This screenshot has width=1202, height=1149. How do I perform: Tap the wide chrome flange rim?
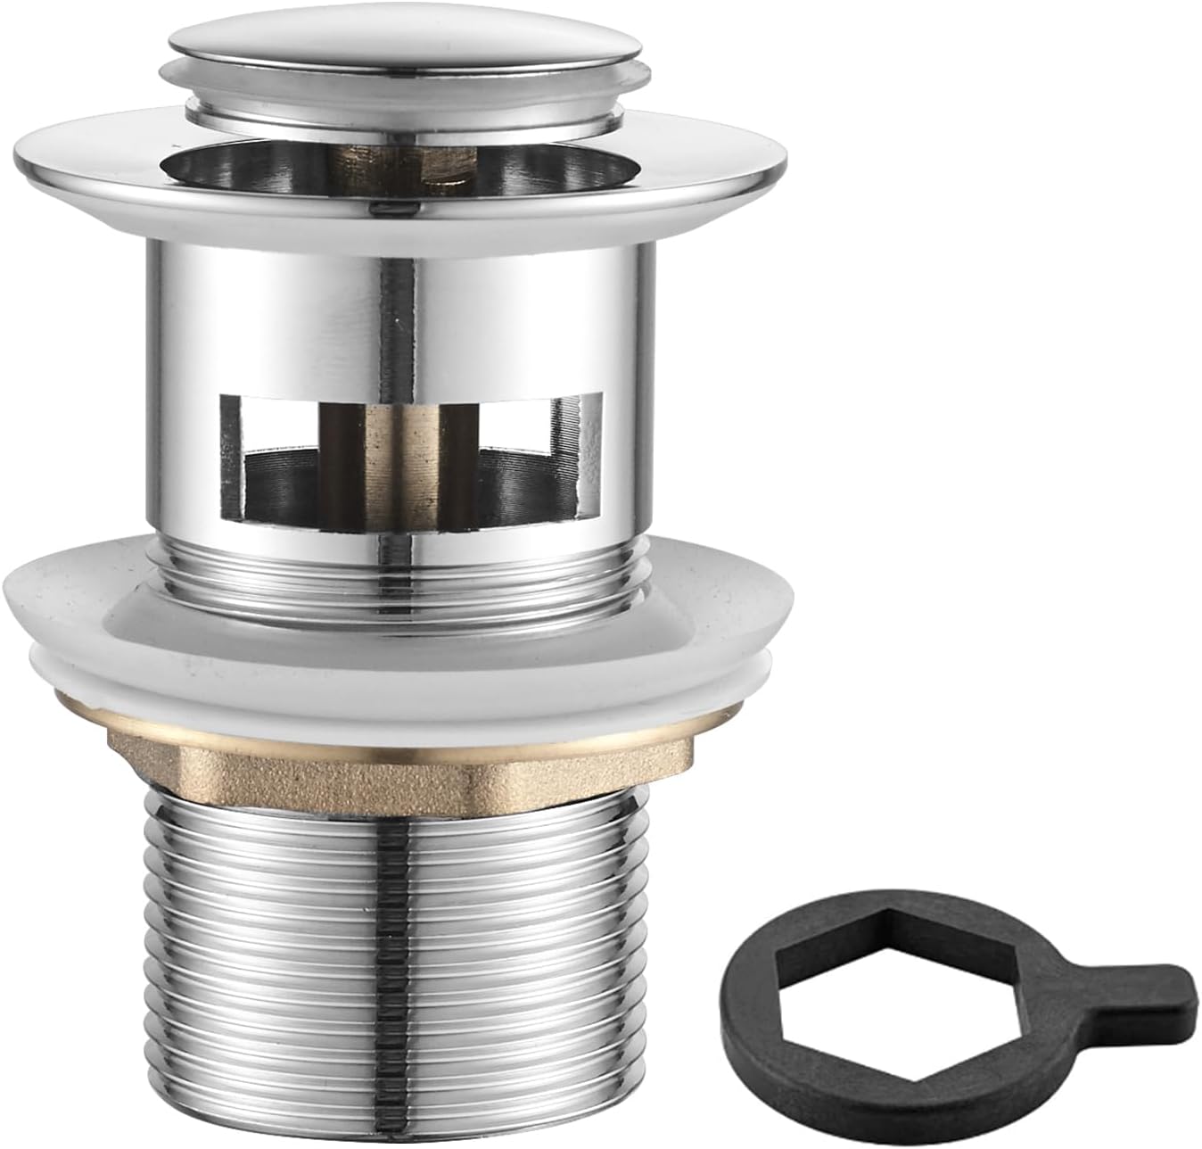[107, 165]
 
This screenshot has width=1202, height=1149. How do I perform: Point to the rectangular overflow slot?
[410, 455]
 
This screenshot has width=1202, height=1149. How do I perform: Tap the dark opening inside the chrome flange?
[223, 165]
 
